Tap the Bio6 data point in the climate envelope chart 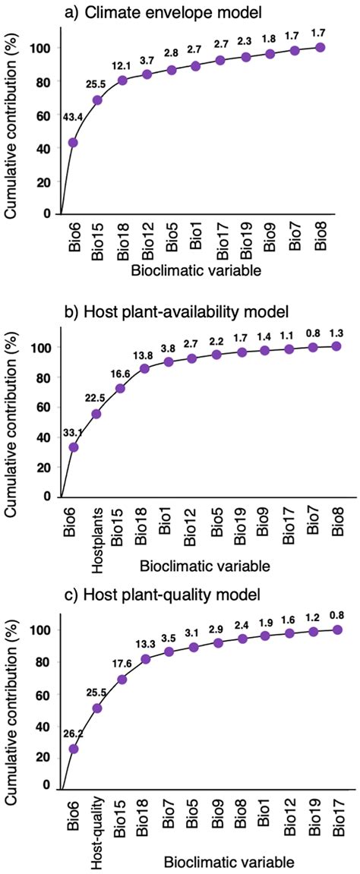[x=73, y=142]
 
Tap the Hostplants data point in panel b [x=96, y=414]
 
